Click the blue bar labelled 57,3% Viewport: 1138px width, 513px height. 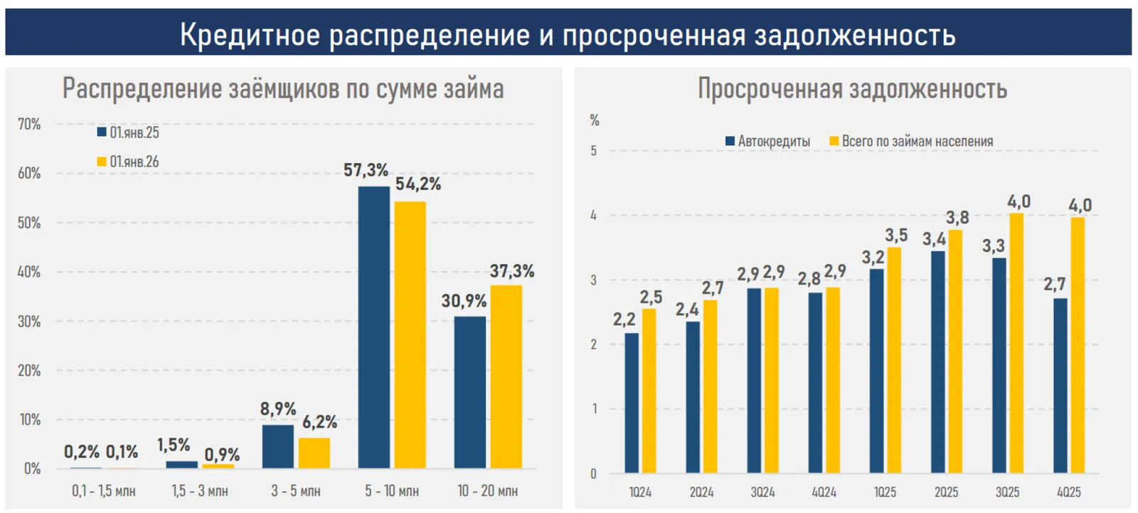point(373,327)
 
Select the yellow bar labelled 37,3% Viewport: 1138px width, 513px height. point(506,376)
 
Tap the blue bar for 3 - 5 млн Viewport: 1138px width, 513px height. point(277,446)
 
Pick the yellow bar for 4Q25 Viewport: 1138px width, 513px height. point(1078,345)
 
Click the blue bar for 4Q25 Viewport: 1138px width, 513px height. point(1060,385)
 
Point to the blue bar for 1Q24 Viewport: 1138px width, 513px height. point(632,403)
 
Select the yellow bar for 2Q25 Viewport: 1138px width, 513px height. point(955,351)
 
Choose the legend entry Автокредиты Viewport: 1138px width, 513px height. point(767,141)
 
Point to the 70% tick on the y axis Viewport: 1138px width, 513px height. point(29,124)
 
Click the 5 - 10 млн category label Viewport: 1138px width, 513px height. point(392,491)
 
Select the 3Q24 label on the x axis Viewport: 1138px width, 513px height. point(762,492)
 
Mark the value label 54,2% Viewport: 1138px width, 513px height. point(418,184)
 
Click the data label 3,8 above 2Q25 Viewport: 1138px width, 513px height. point(957,217)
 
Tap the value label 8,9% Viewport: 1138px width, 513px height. point(278,409)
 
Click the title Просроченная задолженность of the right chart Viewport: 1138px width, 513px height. point(852,89)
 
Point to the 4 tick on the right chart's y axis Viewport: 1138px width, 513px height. point(593,215)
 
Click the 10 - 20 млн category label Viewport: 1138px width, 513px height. point(488,491)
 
